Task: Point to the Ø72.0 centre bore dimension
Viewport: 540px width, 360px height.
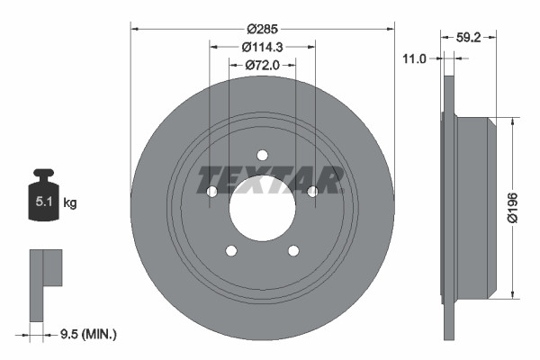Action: pos(263,65)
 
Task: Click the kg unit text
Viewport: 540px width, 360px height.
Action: pos(70,203)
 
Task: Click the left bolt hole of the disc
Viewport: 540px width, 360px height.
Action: pos(211,192)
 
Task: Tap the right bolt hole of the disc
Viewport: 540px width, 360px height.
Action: pos(313,191)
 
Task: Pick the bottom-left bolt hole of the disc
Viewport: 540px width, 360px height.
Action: pos(231,251)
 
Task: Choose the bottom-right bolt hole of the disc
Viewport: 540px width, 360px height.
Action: pos(293,251)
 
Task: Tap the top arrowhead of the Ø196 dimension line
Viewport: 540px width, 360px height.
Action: pos(514,120)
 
